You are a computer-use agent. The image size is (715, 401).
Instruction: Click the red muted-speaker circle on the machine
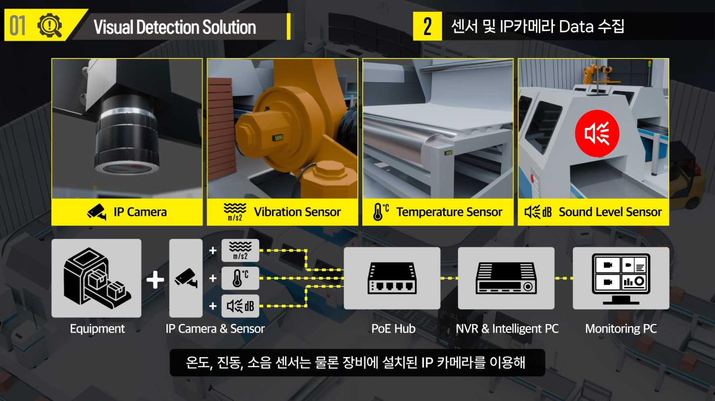pyautogui.click(x=597, y=133)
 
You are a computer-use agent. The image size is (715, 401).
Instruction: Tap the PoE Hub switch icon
pyautogui.click(x=392, y=278)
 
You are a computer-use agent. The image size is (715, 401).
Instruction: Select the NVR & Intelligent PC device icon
pyautogui.click(x=506, y=278)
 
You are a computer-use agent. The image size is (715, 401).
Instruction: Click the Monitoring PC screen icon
pyautogui.click(x=621, y=278)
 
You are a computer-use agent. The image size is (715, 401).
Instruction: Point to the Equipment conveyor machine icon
pyautogui.click(x=97, y=278)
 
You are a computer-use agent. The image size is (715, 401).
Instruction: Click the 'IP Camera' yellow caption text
pyautogui.click(x=140, y=212)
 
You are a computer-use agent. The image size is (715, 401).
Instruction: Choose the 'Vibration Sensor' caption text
pyautogui.click(x=297, y=212)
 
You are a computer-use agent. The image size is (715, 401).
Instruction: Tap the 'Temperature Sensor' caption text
pyautogui.click(x=449, y=212)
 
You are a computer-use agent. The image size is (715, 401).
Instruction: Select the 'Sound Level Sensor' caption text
pyautogui.click(x=610, y=212)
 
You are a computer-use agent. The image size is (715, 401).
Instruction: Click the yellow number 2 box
pyautogui.click(x=427, y=27)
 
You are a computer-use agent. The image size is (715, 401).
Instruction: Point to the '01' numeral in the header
pyautogui.click(x=18, y=26)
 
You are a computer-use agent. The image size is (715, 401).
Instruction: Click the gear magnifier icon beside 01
pyautogui.click(x=50, y=26)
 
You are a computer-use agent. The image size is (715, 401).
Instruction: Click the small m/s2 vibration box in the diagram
pyautogui.click(x=240, y=251)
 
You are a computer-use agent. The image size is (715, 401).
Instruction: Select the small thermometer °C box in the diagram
pyautogui.click(x=240, y=278)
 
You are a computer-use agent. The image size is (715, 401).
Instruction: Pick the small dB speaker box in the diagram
pyautogui.click(x=240, y=306)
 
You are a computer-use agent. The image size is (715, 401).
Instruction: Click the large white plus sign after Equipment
pyautogui.click(x=155, y=280)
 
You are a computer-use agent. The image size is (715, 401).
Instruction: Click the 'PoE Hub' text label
pyautogui.click(x=393, y=329)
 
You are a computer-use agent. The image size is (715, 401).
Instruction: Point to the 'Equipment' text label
pyautogui.click(x=97, y=329)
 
